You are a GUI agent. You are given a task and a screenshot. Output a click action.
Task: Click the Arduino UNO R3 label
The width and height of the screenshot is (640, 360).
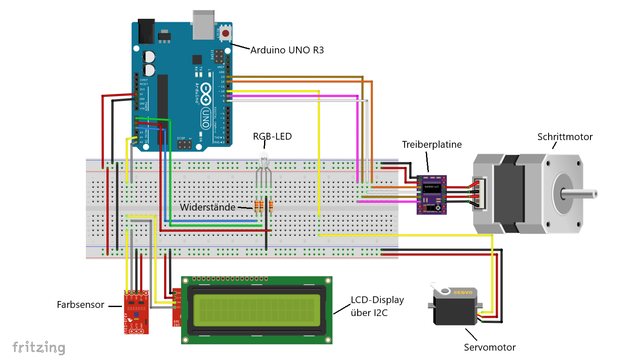287,50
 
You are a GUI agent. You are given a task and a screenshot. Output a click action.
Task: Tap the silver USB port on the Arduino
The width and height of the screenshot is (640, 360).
203,25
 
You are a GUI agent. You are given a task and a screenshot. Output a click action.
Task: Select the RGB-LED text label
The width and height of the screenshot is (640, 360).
272,137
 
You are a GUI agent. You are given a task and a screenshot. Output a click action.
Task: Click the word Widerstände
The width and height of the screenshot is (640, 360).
208,208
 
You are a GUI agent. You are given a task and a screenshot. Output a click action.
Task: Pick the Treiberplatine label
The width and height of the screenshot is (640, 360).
432,145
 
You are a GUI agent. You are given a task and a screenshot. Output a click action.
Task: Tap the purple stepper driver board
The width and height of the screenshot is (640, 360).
432,194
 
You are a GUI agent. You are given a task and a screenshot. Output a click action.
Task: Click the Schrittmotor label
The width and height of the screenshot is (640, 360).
565,137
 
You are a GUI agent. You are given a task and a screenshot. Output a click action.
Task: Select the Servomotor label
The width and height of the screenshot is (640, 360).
490,348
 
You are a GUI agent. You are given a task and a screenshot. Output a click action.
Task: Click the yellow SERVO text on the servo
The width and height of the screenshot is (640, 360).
463,293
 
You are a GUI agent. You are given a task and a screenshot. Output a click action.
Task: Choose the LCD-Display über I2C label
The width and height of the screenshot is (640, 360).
377,307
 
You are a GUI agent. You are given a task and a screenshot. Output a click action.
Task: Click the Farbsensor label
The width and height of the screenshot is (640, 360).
80,305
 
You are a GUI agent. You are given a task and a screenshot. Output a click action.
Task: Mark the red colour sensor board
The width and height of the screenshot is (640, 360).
136,312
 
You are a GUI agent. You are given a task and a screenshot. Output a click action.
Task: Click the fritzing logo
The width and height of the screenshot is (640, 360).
39,348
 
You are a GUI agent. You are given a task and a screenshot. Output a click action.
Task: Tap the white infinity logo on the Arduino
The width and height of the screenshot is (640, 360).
206,94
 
